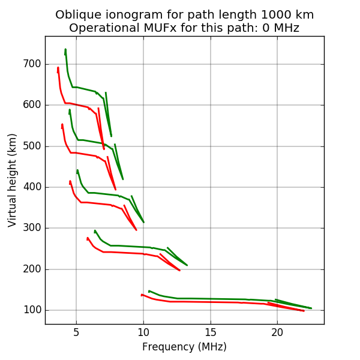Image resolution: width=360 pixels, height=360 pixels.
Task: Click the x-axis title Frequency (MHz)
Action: [184, 347]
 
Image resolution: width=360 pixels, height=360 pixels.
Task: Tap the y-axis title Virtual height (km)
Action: [13, 180]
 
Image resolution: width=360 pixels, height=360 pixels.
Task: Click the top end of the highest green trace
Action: [65, 49]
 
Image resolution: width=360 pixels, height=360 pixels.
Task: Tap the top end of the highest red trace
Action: [58, 67]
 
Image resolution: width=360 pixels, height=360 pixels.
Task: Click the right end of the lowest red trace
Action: [304, 311]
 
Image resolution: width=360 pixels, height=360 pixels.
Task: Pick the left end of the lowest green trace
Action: [149, 291]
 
